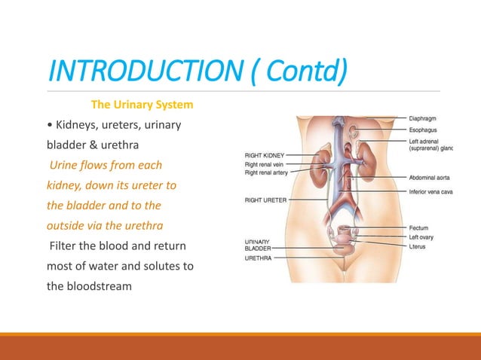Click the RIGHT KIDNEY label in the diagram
pos(263,156)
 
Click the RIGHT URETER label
pos(264,200)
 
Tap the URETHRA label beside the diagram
pos(259,257)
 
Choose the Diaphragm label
pos(426,117)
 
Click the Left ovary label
pos(424,236)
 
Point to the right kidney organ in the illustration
pos(323,161)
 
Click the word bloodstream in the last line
pos(90,286)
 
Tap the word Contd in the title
pos(313,73)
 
